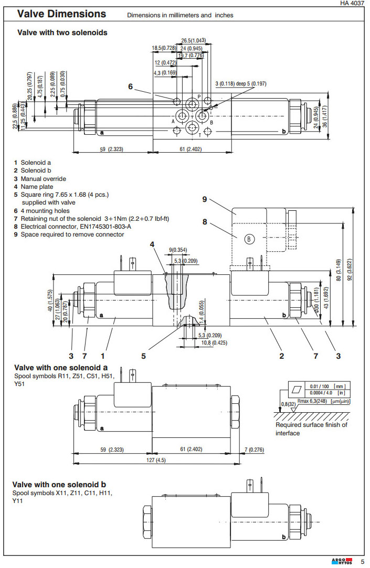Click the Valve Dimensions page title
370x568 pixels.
click(62, 14)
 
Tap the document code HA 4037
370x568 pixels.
click(353, 3)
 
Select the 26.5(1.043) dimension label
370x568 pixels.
click(193, 40)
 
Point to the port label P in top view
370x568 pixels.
click(199, 96)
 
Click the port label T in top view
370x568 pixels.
click(199, 135)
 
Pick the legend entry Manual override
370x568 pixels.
click(43, 179)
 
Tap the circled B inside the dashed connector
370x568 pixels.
click(249, 239)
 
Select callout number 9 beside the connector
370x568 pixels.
click(205, 199)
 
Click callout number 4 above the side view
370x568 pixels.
click(152, 244)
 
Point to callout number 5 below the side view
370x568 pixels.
click(143, 356)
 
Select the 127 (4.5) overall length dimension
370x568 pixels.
click(156, 460)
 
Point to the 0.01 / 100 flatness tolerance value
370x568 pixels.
click(320, 387)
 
